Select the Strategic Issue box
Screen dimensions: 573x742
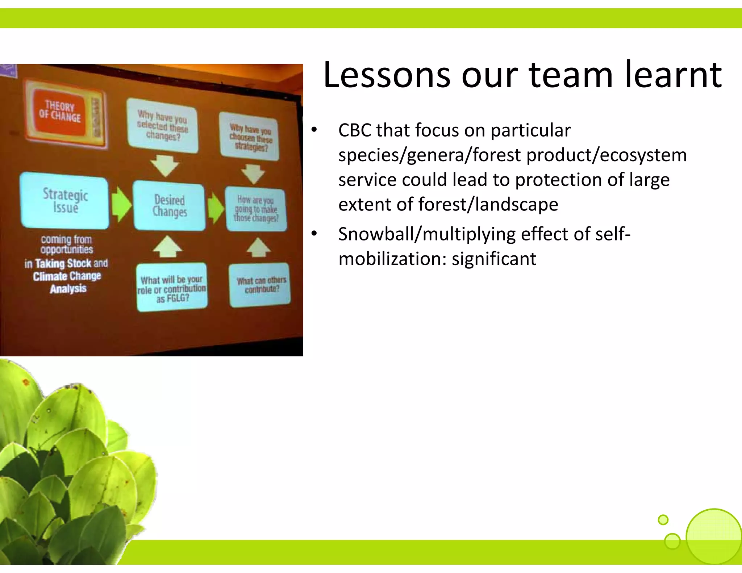(65, 201)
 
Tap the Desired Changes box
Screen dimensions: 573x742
(169, 206)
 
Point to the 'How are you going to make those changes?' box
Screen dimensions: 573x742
(256, 209)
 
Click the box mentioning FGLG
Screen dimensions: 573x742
(172, 288)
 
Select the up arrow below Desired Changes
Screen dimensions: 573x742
(167, 247)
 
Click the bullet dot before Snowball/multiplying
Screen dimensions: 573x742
(314, 234)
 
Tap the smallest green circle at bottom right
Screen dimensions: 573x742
(663, 520)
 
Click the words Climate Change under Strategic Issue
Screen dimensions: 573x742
(67, 276)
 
